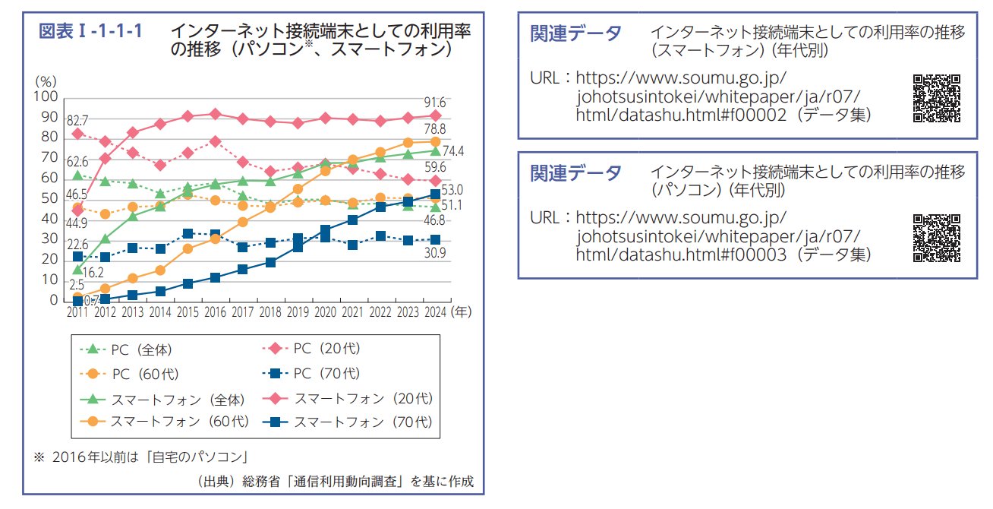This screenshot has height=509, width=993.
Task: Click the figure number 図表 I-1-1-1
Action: coord(90,32)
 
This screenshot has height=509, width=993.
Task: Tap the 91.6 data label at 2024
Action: coord(435,103)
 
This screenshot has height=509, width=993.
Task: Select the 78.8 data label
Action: coord(435,129)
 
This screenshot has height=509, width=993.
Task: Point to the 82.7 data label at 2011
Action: coord(77,121)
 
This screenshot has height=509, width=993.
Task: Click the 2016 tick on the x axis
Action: coord(215,312)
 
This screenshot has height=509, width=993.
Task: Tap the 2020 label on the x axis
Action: coord(325,312)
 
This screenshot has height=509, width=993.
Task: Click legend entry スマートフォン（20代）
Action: coord(348,398)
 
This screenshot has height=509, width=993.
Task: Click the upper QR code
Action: coord(936,98)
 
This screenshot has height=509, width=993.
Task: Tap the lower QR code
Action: coord(936,238)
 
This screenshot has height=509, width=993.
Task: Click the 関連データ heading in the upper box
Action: coord(575,33)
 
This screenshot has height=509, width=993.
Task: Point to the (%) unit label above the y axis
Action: coord(46,80)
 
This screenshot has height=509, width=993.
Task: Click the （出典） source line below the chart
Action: coord(334,482)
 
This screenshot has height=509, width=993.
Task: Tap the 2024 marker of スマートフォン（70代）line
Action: coord(435,194)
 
